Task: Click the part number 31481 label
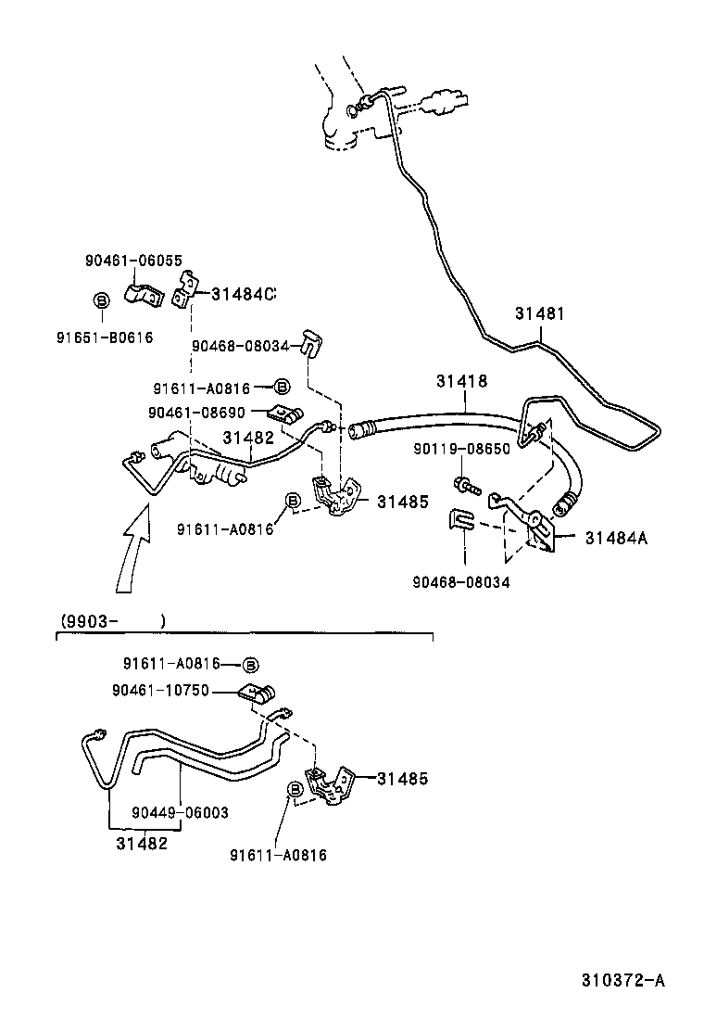pyautogui.click(x=539, y=314)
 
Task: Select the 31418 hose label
pyautogui.click(x=461, y=381)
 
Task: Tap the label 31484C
pyautogui.click(x=244, y=294)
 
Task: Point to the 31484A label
pyautogui.click(x=615, y=537)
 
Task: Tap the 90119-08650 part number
pyautogui.click(x=460, y=448)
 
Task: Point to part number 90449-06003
pyautogui.click(x=180, y=812)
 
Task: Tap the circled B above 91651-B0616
pyautogui.click(x=102, y=299)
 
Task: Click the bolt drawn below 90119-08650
pyautogui.click(x=464, y=483)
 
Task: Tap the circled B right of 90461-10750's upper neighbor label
pyautogui.click(x=250, y=664)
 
